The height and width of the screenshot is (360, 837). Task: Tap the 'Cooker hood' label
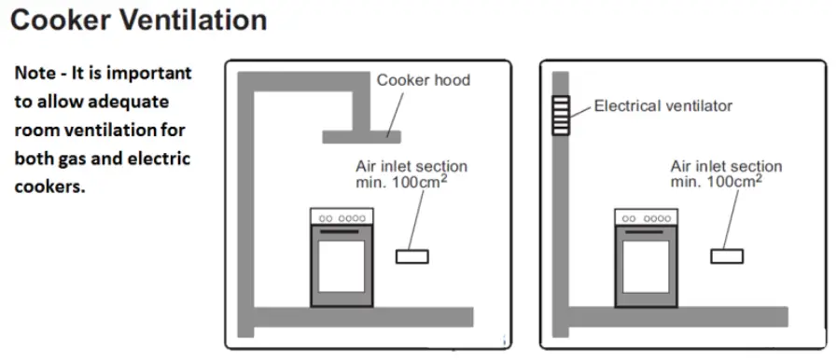tap(423, 80)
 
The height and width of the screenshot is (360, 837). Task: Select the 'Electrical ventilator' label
tap(663, 106)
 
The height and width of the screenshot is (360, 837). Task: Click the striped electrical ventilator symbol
tap(561, 116)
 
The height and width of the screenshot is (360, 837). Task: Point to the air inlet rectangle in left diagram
tap(412, 256)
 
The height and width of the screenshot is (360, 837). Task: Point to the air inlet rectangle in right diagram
tap(727, 256)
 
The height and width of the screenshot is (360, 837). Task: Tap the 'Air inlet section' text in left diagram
tap(411, 166)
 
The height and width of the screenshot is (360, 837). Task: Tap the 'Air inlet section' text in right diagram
tap(726, 166)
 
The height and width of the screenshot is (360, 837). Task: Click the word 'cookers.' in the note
tap(49, 186)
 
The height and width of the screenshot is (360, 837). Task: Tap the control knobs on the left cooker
tap(342, 218)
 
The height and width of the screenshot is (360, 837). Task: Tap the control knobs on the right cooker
tap(646, 218)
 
